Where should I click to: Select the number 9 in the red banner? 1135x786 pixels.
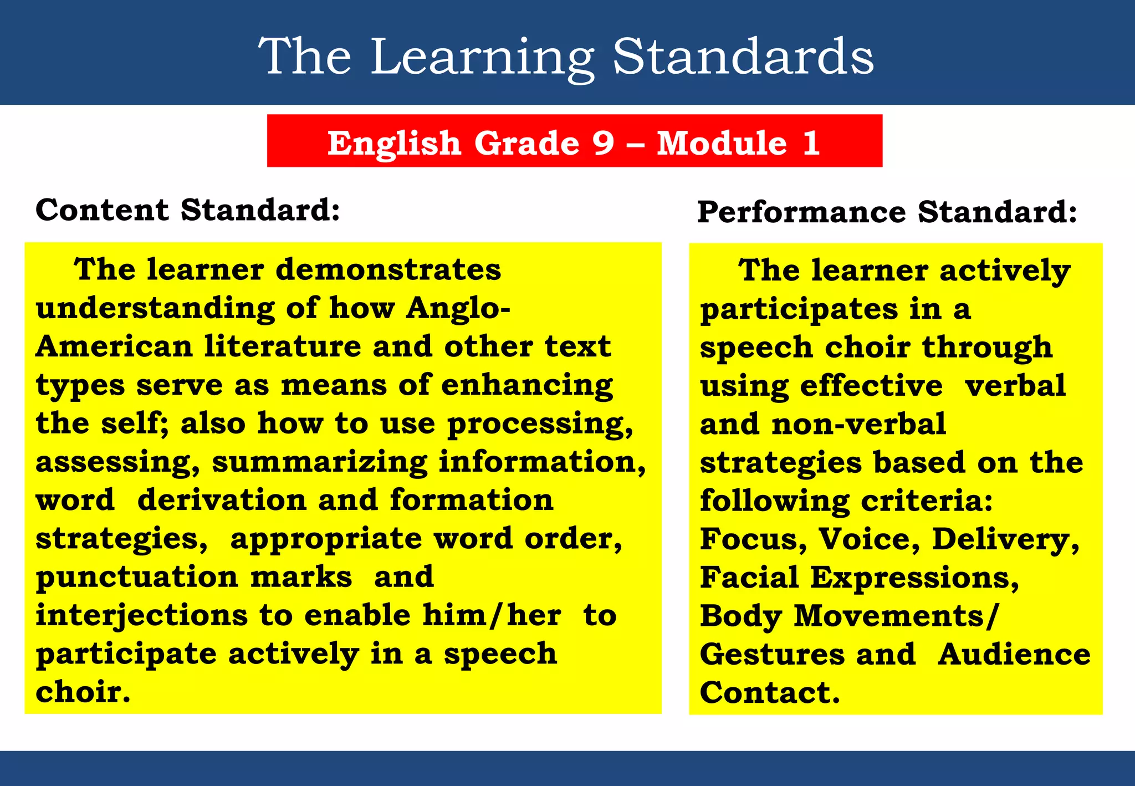coord(603,142)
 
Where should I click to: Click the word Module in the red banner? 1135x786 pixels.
coord(722,142)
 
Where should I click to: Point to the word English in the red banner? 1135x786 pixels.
coord(394,144)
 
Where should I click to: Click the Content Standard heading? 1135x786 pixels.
coord(187,210)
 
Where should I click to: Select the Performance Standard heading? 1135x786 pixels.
coord(887,212)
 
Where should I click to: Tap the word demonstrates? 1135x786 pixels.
coord(388,269)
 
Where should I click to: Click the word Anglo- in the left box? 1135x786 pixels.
coord(458,308)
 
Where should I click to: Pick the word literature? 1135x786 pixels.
coord(282,346)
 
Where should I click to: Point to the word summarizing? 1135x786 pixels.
coord(319,462)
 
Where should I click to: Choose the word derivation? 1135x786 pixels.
coord(222,500)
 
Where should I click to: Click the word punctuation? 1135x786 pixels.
coord(137,578)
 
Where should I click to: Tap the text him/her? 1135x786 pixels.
coord(492,615)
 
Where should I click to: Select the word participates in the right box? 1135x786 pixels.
coord(798,309)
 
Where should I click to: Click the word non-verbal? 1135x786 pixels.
coord(858,424)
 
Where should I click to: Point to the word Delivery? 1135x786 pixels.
coord(1005,539)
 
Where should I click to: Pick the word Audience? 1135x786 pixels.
coord(1014,654)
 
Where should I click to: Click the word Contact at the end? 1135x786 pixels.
coord(769,693)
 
